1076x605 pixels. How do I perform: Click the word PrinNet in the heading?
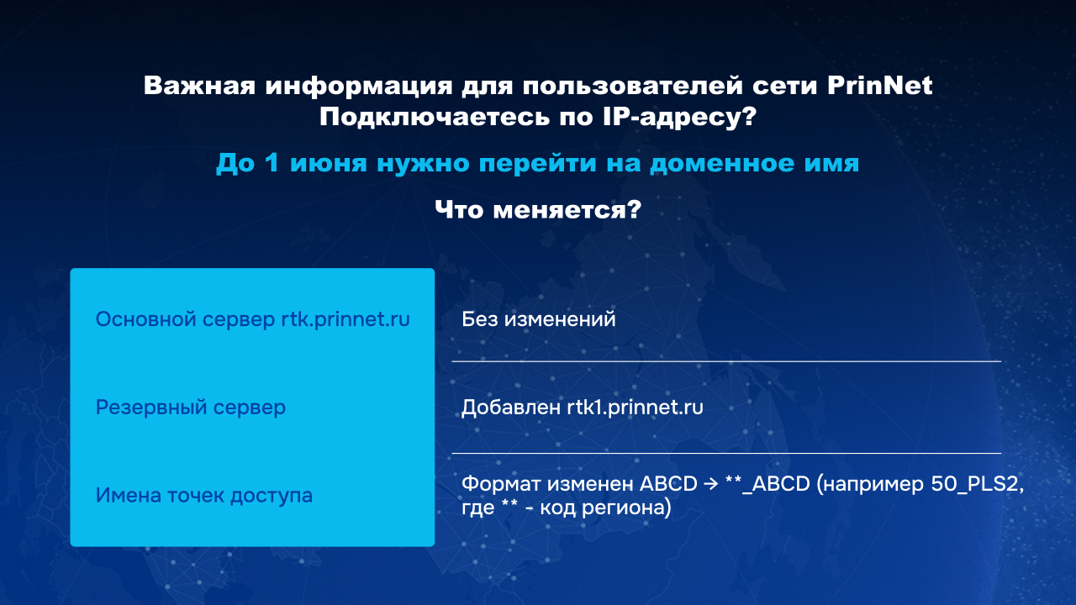879,86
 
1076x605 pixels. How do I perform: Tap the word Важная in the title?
199,86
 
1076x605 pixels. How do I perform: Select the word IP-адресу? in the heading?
680,117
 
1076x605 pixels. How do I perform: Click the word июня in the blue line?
329,163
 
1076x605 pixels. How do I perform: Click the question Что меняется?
538,210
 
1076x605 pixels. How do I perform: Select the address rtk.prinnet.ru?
345,320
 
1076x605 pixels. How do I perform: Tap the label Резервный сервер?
191,408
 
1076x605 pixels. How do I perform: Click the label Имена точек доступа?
204,496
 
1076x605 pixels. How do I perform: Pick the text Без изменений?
539,319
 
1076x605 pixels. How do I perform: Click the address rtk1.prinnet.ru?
635,408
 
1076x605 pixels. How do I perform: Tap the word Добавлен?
511,408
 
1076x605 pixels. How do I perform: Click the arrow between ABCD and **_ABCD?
711,484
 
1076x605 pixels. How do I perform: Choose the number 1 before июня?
272,163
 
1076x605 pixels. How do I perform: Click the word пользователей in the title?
632,86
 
